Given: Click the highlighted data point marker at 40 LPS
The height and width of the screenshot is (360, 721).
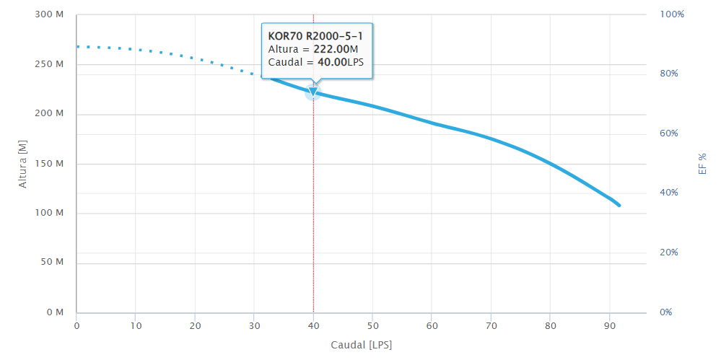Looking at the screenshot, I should pyautogui.click(x=313, y=92).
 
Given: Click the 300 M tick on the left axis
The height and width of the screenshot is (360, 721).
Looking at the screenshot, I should pyautogui.click(x=50, y=15).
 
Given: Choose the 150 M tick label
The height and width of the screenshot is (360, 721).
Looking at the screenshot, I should pyautogui.click(x=50, y=164).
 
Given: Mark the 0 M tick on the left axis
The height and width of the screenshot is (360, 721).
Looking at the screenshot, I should pyautogui.click(x=55, y=312).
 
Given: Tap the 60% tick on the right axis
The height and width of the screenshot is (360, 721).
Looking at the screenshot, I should pyautogui.click(x=672, y=133).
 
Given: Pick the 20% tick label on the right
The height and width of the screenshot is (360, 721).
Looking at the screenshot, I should pyautogui.click(x=672, y=253).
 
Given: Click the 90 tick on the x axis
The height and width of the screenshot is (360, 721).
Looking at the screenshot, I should pyautogui.click(x=609, y=326).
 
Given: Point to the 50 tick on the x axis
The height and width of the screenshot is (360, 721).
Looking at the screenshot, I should pyautogui.click(x=372, y=326).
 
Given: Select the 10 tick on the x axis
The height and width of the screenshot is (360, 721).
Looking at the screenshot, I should pyautogui.click(x=136, y=326).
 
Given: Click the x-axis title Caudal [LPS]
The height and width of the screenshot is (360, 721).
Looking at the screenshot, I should pyautogui.click(x=361, y=345).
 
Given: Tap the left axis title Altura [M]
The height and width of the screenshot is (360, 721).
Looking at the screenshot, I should pyautogui.click(x=22, y=164).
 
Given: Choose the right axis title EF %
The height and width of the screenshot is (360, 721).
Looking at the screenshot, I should pyautogui.click(x=701, y=164).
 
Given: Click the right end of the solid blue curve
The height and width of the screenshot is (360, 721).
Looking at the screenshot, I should pyautogui.click(x=619, y=206).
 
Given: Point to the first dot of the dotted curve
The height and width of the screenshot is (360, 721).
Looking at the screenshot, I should pyautogui.click(x=78, y=46).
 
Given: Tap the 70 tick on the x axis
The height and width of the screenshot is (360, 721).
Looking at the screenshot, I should pyautogui.click(x=491, y=326).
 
